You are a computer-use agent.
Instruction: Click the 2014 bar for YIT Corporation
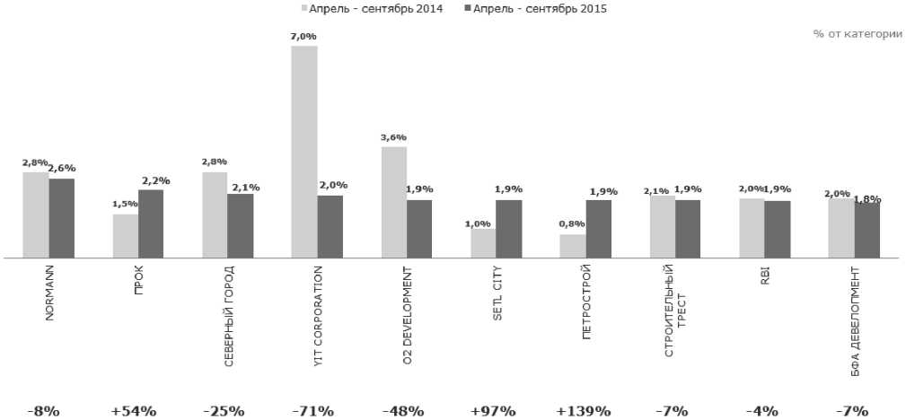304,152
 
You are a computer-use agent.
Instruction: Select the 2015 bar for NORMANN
62,218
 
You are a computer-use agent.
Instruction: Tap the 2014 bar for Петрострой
572,246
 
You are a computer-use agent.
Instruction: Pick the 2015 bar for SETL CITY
508,228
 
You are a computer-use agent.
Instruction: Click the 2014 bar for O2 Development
393,202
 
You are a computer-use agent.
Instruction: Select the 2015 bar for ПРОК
151,223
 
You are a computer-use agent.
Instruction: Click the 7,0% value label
304,37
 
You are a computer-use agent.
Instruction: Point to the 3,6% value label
393,137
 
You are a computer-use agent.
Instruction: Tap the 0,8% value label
572,224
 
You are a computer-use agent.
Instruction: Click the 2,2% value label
154,180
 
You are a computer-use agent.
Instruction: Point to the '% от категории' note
858,33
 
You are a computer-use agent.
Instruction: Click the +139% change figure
584,411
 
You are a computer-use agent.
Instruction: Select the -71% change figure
313,411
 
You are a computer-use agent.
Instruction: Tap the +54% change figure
134,411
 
